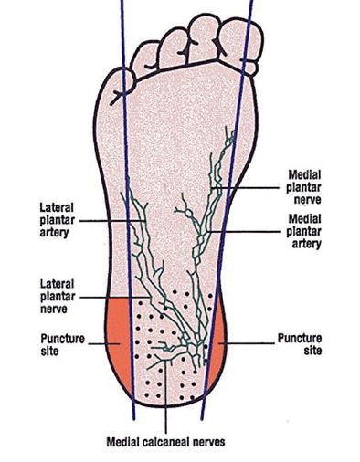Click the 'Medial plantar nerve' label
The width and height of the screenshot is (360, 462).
(303, 187)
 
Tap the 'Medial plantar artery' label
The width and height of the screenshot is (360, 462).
(303, 231)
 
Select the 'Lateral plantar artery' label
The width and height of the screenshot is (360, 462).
(58, 220)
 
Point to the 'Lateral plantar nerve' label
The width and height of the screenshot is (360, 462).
(58, 297)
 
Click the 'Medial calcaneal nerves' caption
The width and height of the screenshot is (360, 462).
(165, 442)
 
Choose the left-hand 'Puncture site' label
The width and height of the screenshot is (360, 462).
(63, 344)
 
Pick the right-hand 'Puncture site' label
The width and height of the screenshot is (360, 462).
(300, 344)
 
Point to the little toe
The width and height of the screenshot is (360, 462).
(122, 85)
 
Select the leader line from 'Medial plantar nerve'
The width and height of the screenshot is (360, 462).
(246, 188)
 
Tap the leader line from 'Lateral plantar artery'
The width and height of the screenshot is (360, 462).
(113, 221)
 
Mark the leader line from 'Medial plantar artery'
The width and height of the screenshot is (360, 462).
(243, 232)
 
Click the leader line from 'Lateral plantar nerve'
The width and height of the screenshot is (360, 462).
(115, 297)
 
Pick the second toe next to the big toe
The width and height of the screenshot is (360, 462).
(203, 38)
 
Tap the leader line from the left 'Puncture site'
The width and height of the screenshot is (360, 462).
(104, 344)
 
